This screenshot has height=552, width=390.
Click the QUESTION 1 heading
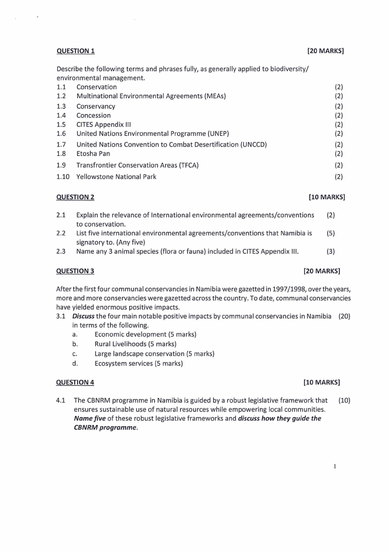click(76, 51)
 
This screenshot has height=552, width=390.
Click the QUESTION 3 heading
click(76, 271)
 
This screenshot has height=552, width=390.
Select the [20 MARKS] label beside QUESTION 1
click(325, 51)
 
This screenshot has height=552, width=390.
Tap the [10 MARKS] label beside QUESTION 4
click(322, 382)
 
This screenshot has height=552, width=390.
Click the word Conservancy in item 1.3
click(96, 106)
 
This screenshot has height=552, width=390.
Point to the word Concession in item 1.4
click(93, 116)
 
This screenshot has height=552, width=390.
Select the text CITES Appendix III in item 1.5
click(104, 124)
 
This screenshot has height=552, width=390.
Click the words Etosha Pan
click(93, 153)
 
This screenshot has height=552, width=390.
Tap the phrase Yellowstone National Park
click(116, 177)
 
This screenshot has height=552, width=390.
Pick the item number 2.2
click(61, 233)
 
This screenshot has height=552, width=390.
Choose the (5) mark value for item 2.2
click(331, 233)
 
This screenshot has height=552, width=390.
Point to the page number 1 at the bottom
click(334, 466)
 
